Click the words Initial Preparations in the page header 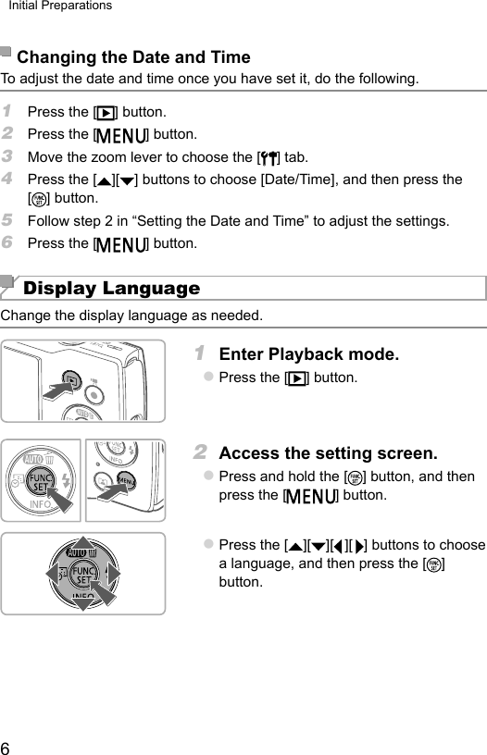point(60,6)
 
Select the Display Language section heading point(111,289)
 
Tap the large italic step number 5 point(8,221)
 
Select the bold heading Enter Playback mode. point(308,354)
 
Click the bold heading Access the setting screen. point(328,453)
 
